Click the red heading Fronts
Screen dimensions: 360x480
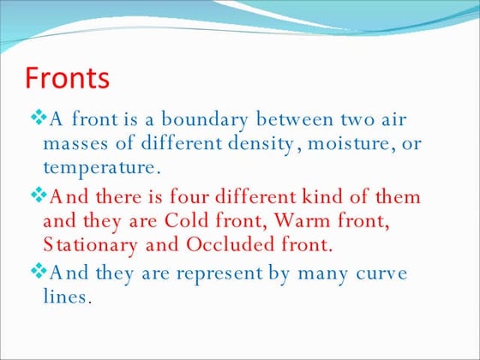(68, 78)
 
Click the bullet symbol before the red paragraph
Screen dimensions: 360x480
(38, 196)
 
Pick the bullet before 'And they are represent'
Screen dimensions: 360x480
(38, 273)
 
